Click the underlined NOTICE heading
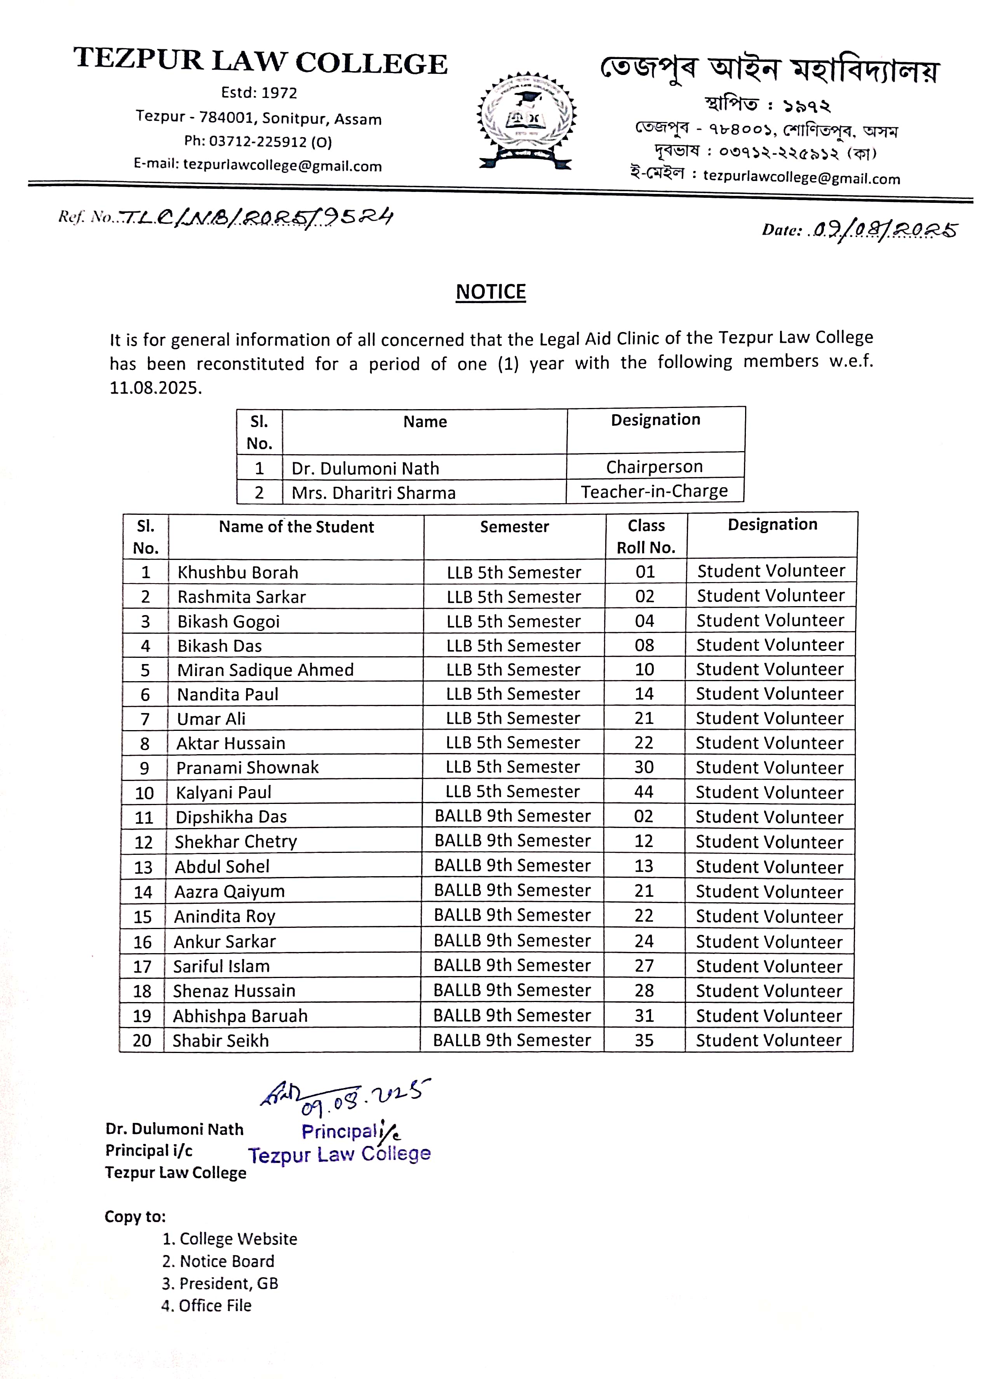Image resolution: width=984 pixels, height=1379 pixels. (490, 292)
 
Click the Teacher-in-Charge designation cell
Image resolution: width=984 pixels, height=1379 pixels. (655, 492)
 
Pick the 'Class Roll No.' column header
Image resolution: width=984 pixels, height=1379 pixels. (646, 536)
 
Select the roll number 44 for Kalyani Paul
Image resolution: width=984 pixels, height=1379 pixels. (643, 792)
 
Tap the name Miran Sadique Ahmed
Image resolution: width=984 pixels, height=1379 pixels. (265, 670)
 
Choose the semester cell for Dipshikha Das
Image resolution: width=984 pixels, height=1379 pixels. (513, 816)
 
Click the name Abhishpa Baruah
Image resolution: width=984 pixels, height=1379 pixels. (240, 1016)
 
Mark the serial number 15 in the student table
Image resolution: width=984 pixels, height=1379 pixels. (143, 917)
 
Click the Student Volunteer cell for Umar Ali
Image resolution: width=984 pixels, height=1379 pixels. (770, 718)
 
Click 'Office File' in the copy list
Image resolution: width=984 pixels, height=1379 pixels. (214, 1306)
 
